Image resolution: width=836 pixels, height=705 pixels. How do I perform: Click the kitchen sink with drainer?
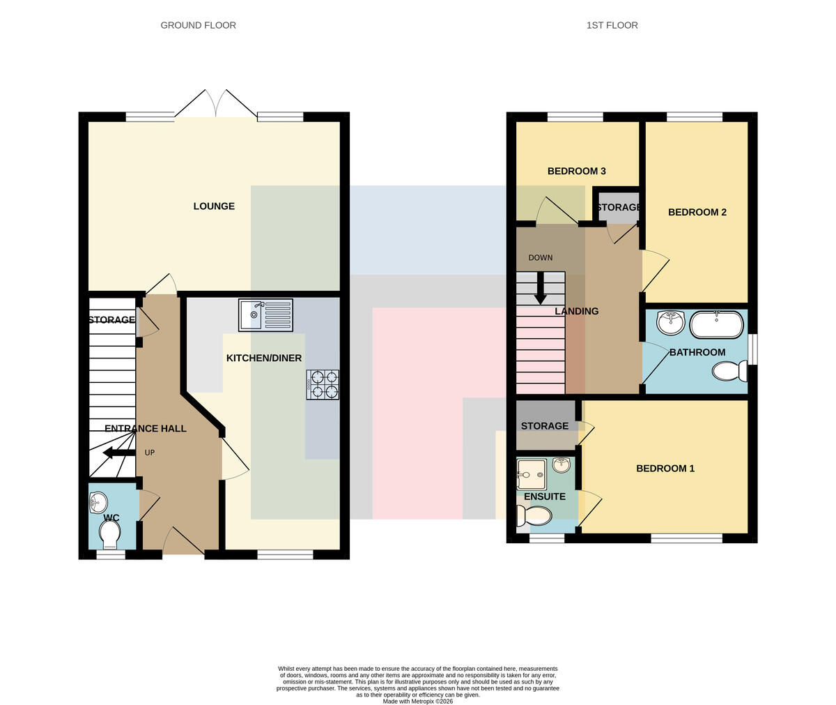265,314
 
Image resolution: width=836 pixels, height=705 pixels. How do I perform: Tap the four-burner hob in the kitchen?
323,384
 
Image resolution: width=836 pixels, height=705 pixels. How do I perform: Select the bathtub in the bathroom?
717,324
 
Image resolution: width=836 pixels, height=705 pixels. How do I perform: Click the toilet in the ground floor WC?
109,535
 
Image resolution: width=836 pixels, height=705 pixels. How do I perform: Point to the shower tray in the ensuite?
532,475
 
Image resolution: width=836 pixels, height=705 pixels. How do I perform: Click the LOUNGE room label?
214,206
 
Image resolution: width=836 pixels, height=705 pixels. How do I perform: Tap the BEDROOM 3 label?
577,171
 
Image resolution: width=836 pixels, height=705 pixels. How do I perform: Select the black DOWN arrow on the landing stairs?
541,288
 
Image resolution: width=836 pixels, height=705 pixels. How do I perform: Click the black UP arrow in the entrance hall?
119,453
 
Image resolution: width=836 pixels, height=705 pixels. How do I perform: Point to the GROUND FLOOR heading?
198,25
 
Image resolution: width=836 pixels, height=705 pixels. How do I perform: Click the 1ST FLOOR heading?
612,25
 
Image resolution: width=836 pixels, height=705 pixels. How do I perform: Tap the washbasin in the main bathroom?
671,323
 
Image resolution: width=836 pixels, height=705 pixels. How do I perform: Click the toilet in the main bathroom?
729,371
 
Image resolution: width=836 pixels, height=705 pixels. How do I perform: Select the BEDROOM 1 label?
665,468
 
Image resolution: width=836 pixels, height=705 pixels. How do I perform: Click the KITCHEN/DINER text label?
264,358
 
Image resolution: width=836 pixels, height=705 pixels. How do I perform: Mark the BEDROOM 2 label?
697,212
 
